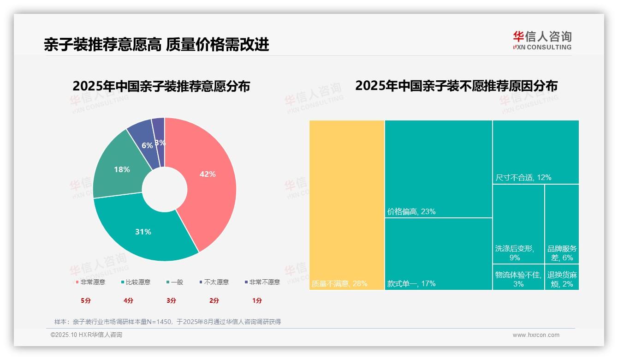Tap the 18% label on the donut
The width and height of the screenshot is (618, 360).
[122, 169]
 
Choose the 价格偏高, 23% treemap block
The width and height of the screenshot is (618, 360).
[438, 169]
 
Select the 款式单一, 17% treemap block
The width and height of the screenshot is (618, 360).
[438, 254]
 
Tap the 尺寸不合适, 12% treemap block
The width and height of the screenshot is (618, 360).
[535, 152]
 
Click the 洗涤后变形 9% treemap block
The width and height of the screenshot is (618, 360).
[518, 224]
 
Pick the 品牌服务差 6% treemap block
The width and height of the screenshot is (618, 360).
[562, 224]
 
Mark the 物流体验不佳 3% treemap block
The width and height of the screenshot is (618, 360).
[518, 277]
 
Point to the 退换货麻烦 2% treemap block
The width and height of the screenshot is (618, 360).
[562, 277]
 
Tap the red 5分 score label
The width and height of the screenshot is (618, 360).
[86, 300]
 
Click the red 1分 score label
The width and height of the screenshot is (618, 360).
[257, 300]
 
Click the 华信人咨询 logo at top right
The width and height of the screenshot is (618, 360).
[542, 40]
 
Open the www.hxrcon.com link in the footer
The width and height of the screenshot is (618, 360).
[536, 335]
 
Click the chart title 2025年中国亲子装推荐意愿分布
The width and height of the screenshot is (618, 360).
[161, 86]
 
